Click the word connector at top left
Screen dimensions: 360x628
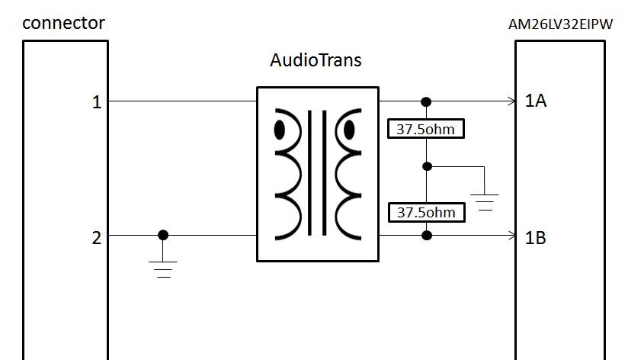(x=63, y=23)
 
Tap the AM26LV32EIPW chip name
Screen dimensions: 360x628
(x=560, y=24)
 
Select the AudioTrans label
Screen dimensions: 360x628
(x=316, y=59)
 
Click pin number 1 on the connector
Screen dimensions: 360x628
(x=97, y=101)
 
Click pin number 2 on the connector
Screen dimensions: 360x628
(x=97, y=238)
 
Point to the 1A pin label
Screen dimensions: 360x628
(x=536, y=101)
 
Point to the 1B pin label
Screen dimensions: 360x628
(x=536, y=237)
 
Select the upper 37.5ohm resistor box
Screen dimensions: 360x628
(x=426, y=129)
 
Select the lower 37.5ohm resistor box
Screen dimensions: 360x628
(x=426, y=212)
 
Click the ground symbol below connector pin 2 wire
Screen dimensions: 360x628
(x=163, y=268)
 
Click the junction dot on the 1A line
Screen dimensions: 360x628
(x=426, y=101)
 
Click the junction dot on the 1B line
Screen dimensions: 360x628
(x=427, y=236)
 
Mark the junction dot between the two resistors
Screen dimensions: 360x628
(x=427, y=166)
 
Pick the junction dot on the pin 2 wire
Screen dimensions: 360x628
(x=163, y=236)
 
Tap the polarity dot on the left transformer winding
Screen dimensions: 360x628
(x=280, y=130)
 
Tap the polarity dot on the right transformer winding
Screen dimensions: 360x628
(x=349, y=130)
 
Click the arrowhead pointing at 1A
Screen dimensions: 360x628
(x=511, y=101)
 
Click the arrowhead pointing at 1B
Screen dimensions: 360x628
(x=511, y=236)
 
